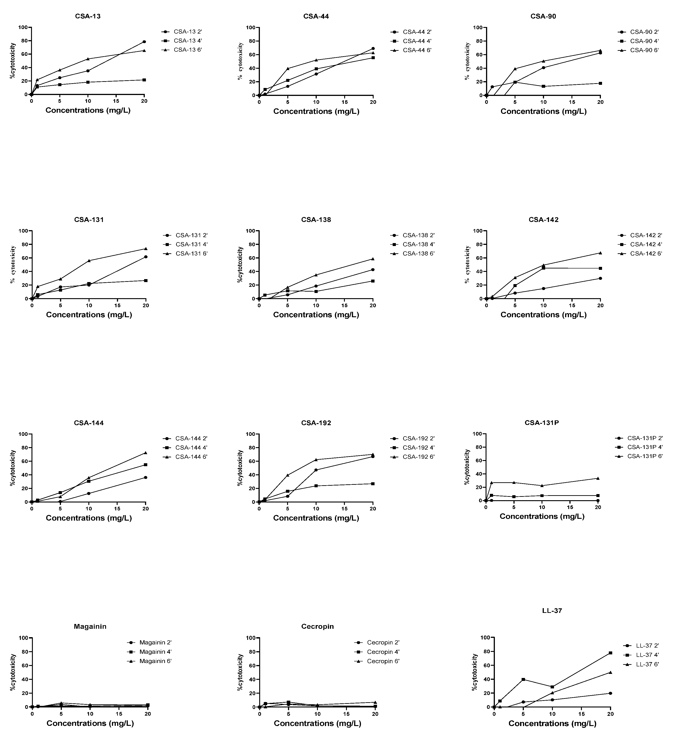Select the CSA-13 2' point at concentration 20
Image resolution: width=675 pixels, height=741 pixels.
(x=144, y=42)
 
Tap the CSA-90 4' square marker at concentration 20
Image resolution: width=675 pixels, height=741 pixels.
(x=600, y=83)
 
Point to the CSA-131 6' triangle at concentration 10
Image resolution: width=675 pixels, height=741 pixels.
(x=89, y=261)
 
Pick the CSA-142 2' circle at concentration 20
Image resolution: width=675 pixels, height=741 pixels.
(x=600, y=278)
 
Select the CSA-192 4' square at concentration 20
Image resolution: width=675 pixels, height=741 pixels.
(x=373, y=484)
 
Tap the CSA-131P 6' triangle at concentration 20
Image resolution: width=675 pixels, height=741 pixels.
(x=598, y=478)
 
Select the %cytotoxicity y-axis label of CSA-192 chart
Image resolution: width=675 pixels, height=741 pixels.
(x=240, y=468)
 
